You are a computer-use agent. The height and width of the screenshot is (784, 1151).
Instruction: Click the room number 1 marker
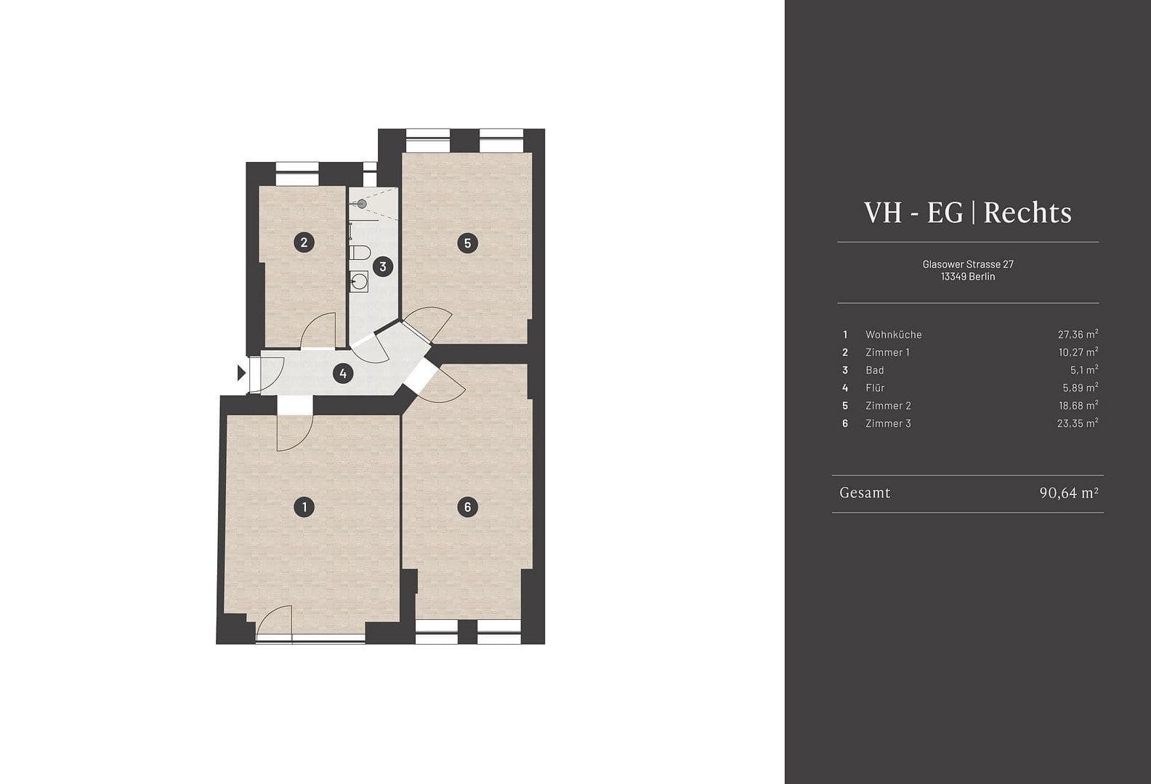(304, 507)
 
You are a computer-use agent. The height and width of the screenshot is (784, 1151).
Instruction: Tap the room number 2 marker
(304, 242)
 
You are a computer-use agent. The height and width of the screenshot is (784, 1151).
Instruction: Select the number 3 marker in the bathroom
(383, 266)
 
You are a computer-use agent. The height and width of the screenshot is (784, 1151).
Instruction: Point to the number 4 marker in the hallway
(342, 374)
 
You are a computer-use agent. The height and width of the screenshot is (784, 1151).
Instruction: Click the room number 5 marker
(467, 242)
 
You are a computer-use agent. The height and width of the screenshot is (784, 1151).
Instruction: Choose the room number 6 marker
(467, 507)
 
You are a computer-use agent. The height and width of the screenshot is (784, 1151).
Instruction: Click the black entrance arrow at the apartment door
(241, 373)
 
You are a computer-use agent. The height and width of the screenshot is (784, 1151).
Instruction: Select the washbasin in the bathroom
(359, 281)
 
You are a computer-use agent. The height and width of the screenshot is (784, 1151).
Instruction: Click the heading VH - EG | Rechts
(967, 213)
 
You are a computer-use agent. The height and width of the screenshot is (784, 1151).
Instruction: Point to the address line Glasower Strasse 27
(967, 264)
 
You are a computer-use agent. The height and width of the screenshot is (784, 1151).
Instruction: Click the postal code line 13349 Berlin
(967, 277)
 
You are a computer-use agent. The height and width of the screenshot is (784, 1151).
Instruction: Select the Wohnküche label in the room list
(893, 335)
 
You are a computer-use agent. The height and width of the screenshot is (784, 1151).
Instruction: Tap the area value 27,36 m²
(1077, 335)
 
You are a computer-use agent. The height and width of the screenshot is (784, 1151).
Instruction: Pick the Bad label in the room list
(874, 370)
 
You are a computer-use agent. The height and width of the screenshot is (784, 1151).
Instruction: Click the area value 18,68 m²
(1077, 406)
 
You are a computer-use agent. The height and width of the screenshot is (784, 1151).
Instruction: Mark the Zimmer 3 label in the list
(888, 423)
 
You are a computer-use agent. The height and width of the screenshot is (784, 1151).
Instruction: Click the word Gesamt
(865, 493)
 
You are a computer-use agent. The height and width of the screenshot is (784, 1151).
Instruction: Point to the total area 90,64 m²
(1068, 493)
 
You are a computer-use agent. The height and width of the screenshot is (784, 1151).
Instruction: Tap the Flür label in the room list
(875, 388)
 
